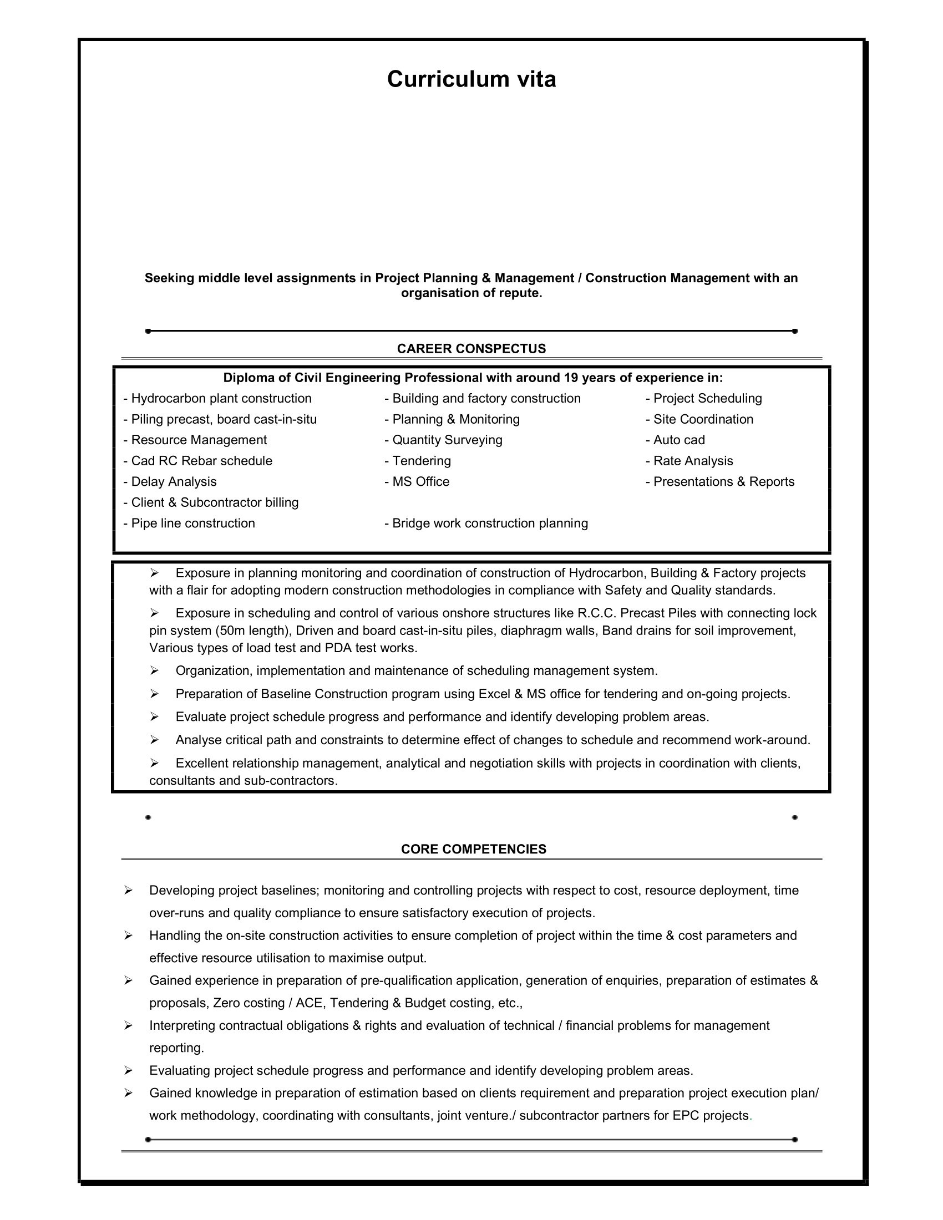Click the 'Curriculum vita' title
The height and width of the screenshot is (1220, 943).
coord(471,79)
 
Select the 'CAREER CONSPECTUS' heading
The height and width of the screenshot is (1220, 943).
coord(471,349)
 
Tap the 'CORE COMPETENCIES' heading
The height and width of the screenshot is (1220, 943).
coord(474,849)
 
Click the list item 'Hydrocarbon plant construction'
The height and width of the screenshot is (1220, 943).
coord(218,398)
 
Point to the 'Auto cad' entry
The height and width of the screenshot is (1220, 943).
coord(676,440)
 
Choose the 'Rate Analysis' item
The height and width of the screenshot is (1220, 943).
coord(689,461)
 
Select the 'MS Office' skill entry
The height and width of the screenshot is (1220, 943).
coord(417,481)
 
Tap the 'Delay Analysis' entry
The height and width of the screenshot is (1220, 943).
coord(170,481)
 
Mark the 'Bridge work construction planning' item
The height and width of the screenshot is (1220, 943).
coord(486,523)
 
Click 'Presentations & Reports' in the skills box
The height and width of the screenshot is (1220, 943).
coord(720,481)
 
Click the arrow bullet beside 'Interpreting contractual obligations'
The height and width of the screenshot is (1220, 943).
coord(128,1025)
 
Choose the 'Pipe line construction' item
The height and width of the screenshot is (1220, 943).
coord(189,523)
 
